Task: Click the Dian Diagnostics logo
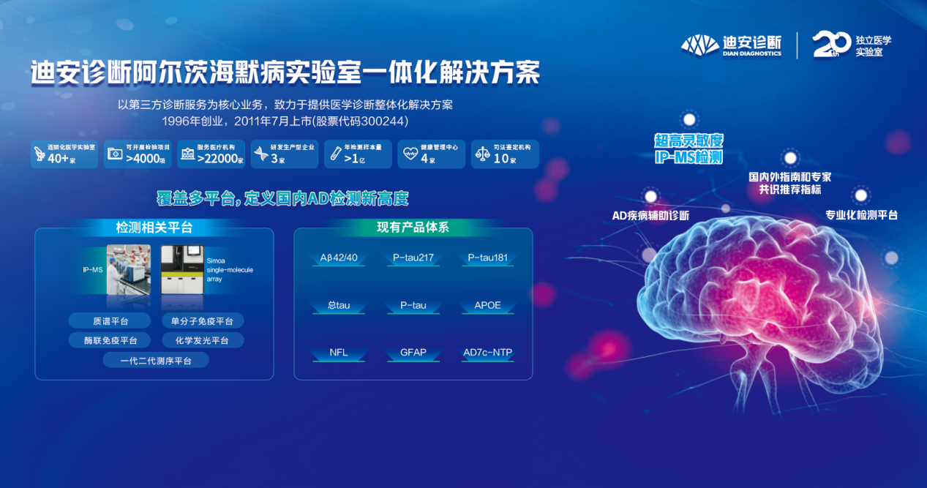(731, 45)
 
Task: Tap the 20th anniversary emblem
(832, 45)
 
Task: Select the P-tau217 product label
(413, 258)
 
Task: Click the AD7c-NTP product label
(487, 352)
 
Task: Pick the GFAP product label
(413, 352)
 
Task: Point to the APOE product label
(487, 304)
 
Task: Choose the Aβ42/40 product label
(339, 258)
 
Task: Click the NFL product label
(339, 352)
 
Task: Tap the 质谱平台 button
(109, 320)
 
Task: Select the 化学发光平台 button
(202, 340)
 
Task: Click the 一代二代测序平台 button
(156, 360)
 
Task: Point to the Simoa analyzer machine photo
(181, 269)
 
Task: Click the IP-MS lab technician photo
(129, 269)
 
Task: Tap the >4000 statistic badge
(137, 154)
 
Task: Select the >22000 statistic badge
(210, 154)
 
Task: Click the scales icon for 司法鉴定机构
(483, 154)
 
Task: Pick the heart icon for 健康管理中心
(410, 154)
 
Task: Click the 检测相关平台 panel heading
(154, 228)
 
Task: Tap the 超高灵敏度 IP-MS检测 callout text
(688, 149)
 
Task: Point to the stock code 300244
(381, 121)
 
